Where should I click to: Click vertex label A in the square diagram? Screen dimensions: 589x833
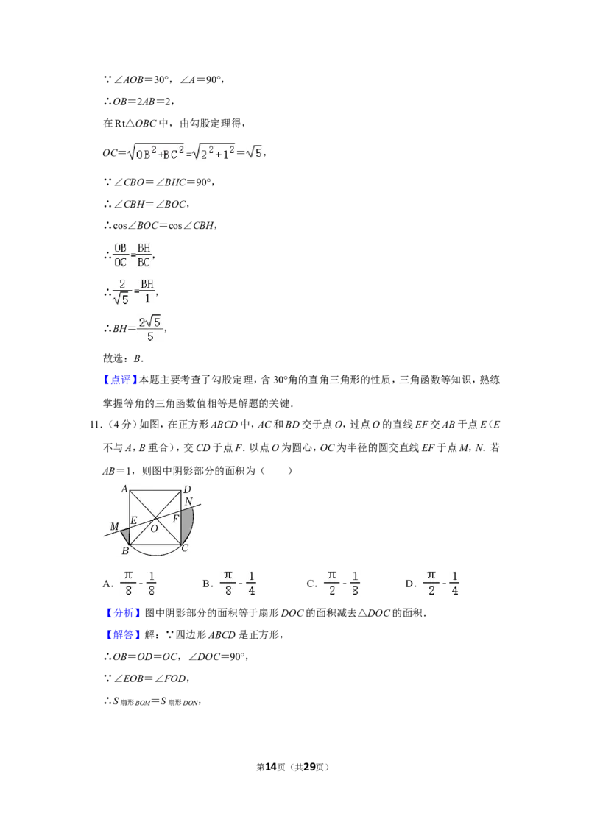point(124,489)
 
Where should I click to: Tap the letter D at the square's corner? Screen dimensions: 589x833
point(187,489)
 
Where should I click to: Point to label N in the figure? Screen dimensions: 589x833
point(188,502)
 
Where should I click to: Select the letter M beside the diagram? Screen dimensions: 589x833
point(114,526)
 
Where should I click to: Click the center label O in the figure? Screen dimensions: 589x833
point(154,528)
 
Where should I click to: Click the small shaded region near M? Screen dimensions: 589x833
point(125,535)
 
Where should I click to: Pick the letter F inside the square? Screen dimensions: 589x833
point(175,519)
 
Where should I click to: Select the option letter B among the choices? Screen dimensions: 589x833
point(206,584)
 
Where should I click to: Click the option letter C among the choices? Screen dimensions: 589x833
point(311,584)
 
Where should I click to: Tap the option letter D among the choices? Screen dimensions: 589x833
point(409,584)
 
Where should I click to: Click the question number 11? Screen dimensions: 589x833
point(95,425)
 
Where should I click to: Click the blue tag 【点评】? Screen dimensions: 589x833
point(119,380)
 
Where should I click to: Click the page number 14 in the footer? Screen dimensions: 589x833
point(271,767)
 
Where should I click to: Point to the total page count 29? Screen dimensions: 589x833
point(309,767)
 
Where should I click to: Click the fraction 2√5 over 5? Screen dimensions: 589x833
point(150,329)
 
